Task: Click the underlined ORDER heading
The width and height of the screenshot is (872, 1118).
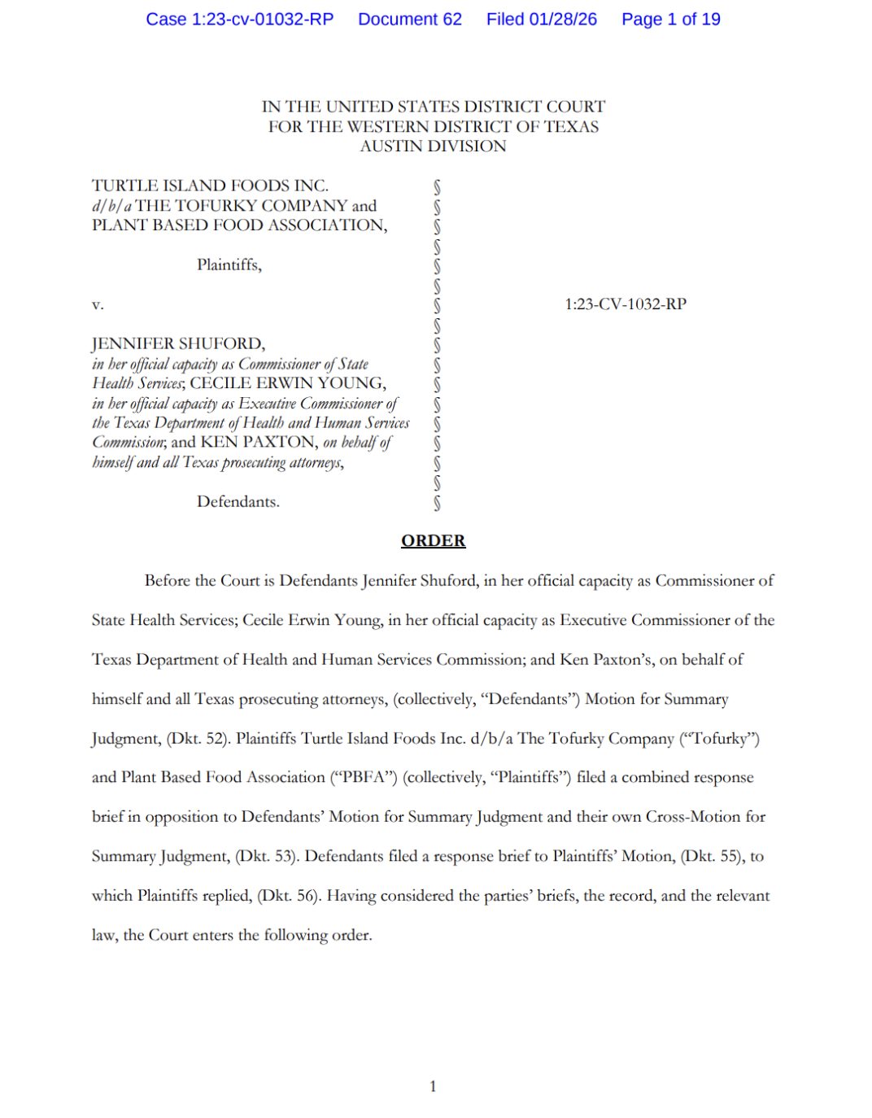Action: click(433, 540)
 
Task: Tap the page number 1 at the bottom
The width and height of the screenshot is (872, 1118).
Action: click(433, 1085)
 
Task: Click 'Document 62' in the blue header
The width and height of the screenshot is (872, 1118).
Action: click(410, 20)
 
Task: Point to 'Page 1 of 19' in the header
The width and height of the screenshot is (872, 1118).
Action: click(670, 20)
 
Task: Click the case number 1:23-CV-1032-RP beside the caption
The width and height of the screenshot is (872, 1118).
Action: click(626, 304)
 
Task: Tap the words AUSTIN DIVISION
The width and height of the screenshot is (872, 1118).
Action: click(433, 146)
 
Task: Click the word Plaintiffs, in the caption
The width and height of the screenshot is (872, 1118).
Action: click(229, 265)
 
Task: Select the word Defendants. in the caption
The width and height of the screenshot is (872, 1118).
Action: click(238, 501)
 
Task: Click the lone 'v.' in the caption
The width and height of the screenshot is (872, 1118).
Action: click(98, 305)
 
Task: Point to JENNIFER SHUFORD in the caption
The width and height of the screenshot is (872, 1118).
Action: click(178, 343)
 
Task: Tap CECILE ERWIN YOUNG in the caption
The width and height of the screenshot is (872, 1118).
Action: click(288, 383)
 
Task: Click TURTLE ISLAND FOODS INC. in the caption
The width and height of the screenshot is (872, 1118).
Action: click(210, 186)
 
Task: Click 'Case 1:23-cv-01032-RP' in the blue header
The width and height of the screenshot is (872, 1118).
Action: click(240, 20)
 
